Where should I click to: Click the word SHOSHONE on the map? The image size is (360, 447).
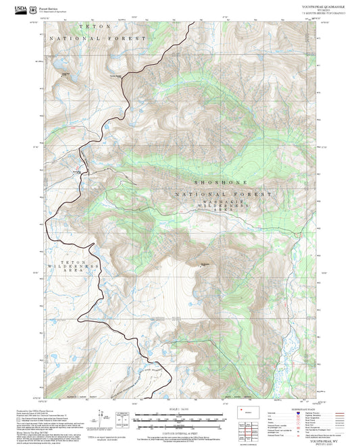221,183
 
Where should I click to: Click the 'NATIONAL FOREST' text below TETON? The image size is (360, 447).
97,38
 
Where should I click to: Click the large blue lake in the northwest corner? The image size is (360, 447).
66,75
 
